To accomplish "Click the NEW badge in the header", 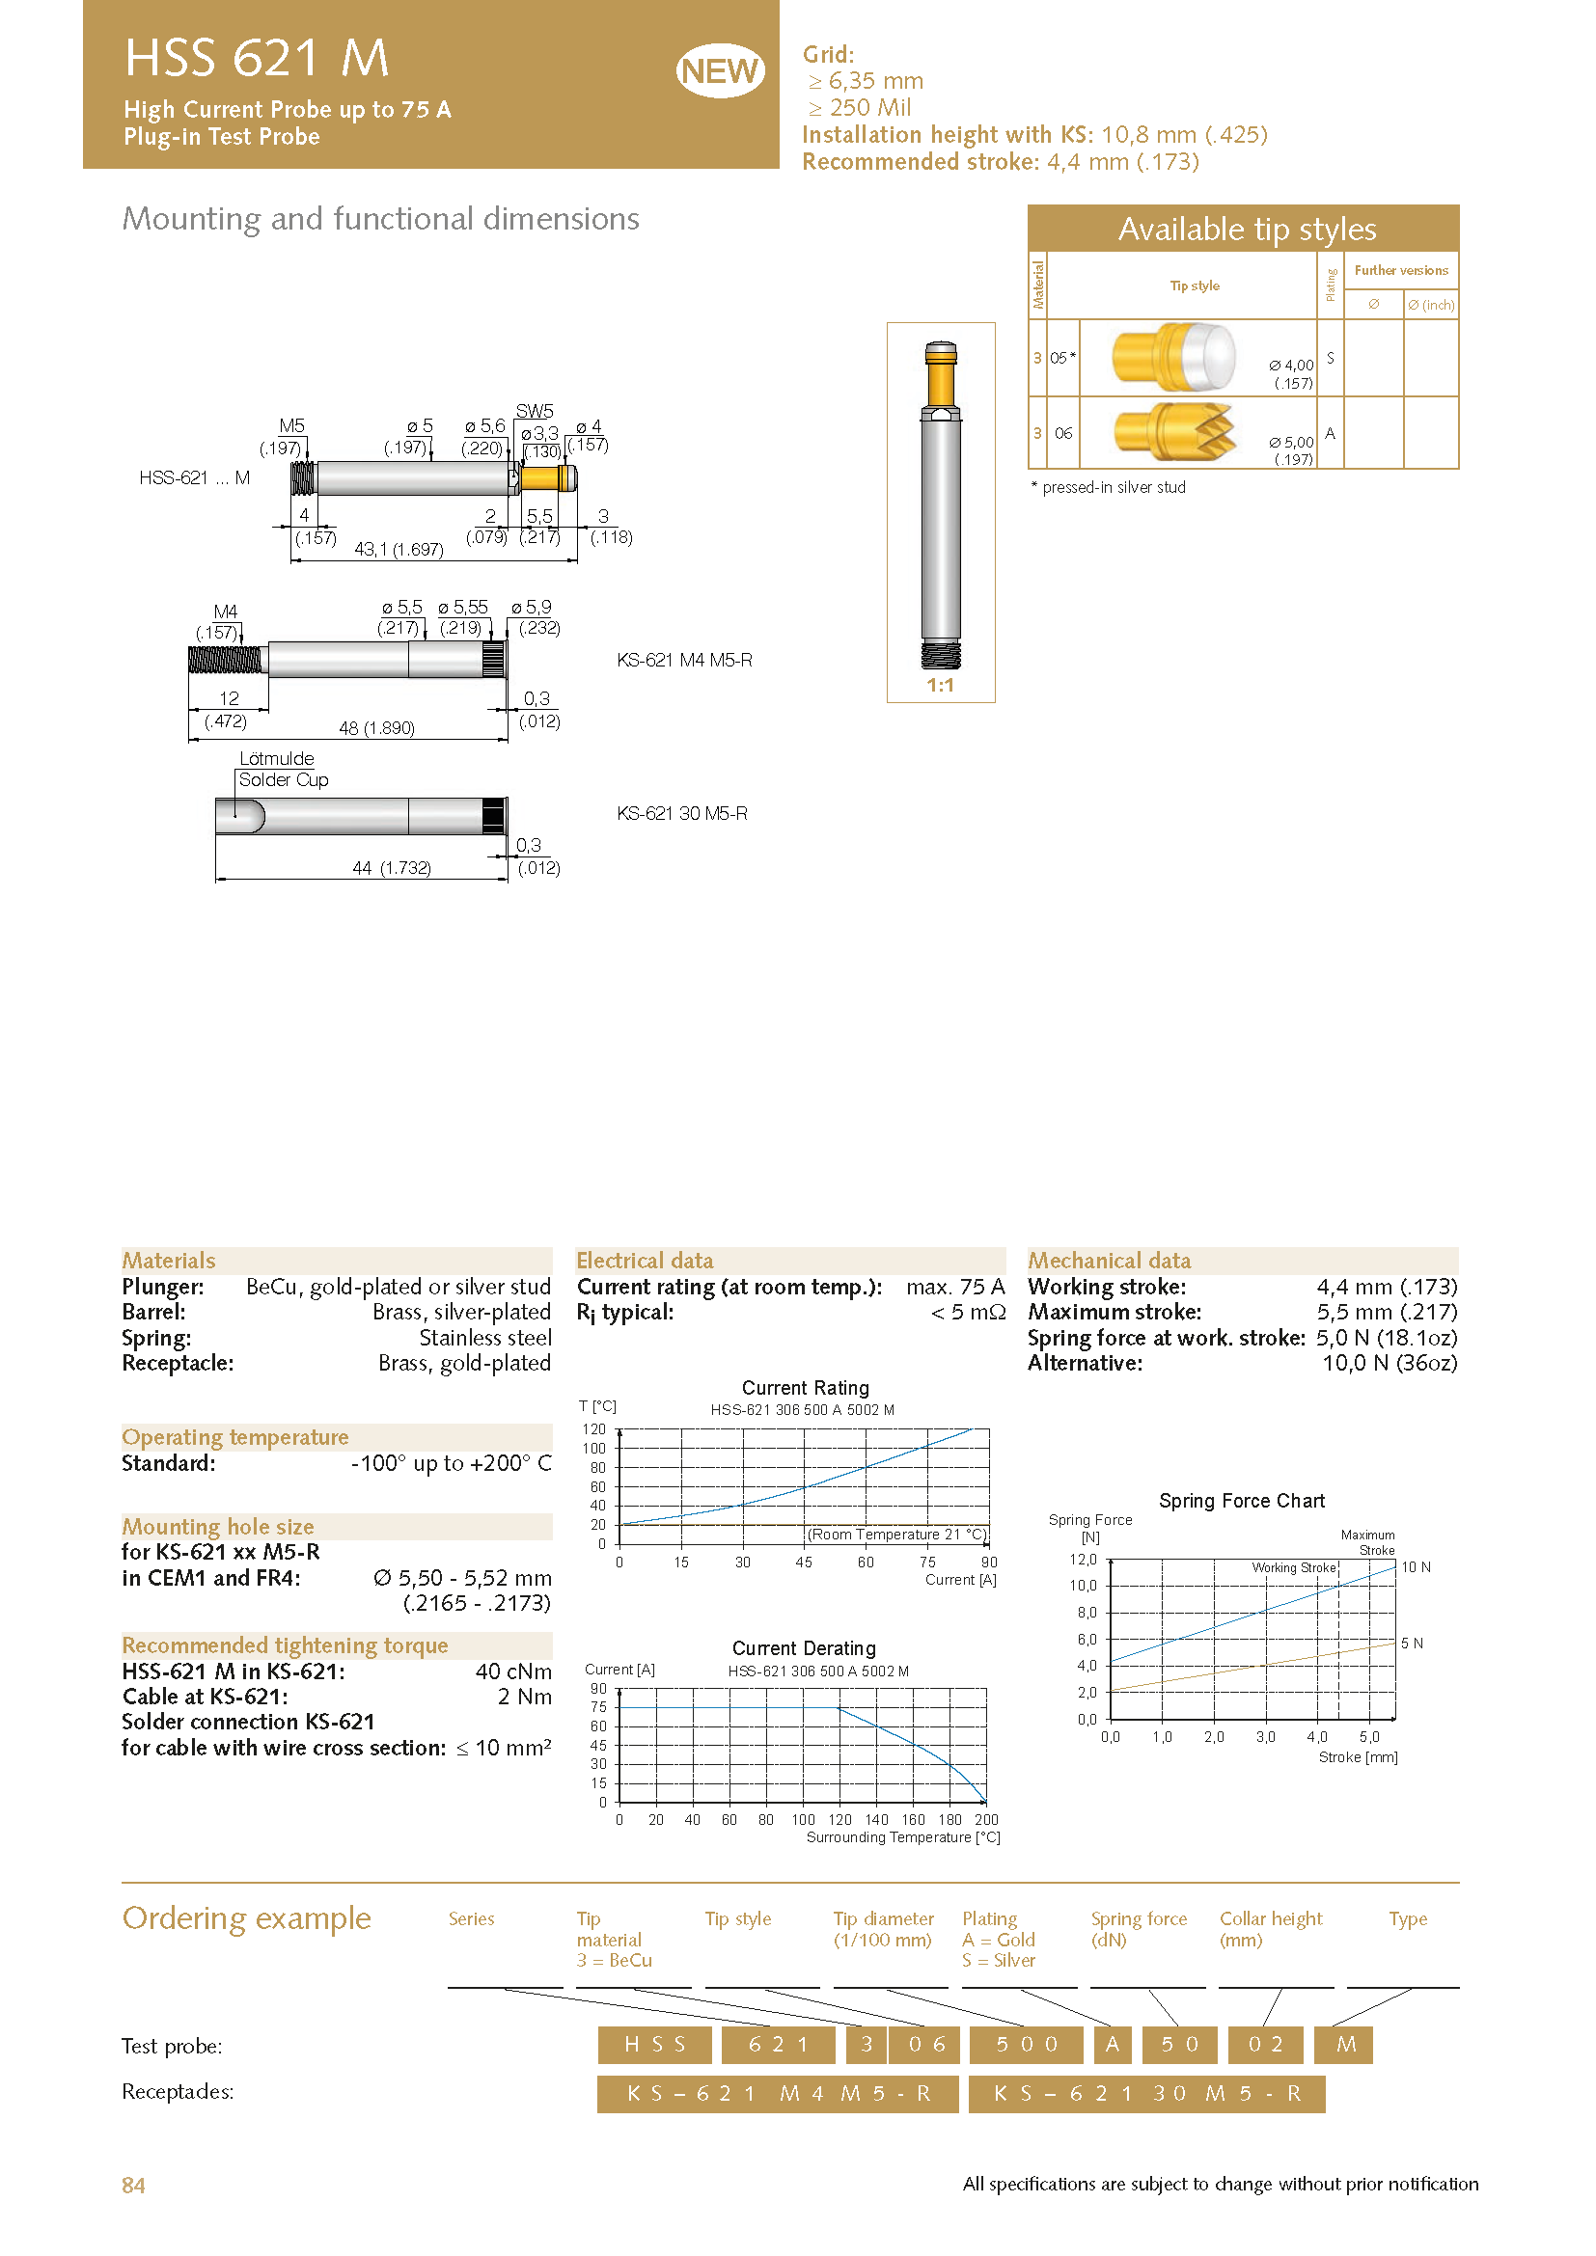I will pyautogui.click(x=720, y=70).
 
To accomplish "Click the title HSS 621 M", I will pyautogui.click(x=257, y=58).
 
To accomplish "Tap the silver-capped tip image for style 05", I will pyautogui.click(x=1173, y=357).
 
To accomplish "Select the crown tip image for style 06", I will pyautogui.click(x=1173, y=432).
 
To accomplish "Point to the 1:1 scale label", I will pyautogui.click(x=940, y=685).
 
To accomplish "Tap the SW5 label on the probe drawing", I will pyautogui.click(x=534, y=411).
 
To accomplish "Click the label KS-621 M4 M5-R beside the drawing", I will pyautogui.click(x=684, y=661).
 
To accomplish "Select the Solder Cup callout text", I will pyautogui.click(x=283, y=780).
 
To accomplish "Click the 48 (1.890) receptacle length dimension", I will pyautogui.click(x=376, y=728).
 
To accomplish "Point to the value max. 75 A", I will pyautogui.click(x=954, y=1287).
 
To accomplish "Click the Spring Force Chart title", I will pyautogui.click(x=1241, y=1501).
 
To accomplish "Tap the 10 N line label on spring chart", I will pyautogui.click(x=1416, y=1567).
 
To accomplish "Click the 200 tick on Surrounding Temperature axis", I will pyautogui.click(x=986, y=1820).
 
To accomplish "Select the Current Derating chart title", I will pyautogui.click(x=803, y=1647).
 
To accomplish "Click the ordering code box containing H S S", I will pyautogui.click(x=654, y=2045).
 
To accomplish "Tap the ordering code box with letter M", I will pyautogui.click(x=1345, y=2045).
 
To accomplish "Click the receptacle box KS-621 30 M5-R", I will pyautogui.click(x=1146, y=2094).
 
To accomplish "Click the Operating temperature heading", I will pyautogui.click(x=234, y=1437).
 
